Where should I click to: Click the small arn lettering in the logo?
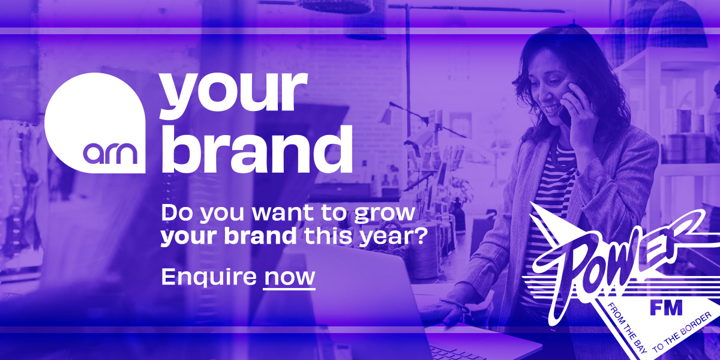click(x=110, y=154)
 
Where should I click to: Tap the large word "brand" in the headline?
click(x=256, y=149)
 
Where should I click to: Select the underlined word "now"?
click(x=289, y=277)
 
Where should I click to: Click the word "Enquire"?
click(x=209, y=277)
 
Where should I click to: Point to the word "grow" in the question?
click(x=385, y=214)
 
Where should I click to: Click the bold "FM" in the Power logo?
click(x=666, y=308)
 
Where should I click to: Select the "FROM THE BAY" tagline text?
click(x=623, y=328)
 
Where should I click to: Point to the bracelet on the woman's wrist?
click(x=455, y=304)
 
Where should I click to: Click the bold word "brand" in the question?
click(x=260, y=236)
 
